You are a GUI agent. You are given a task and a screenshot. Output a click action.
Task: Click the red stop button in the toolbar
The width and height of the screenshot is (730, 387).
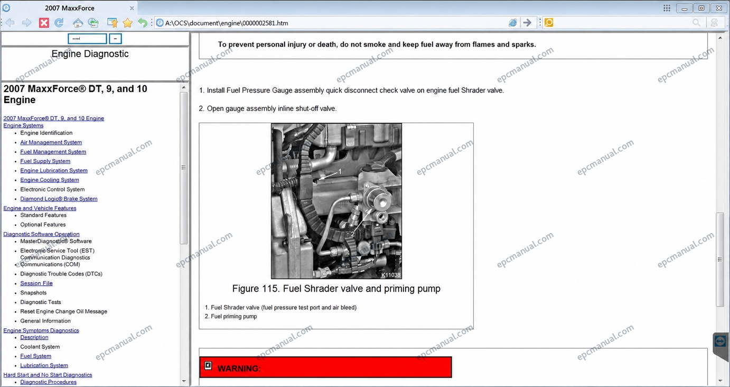coord(44,23)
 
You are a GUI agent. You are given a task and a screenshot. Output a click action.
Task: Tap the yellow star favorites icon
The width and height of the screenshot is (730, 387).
coord(128,23)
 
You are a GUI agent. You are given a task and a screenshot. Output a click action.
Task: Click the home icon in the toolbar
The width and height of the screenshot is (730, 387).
coord(78,23)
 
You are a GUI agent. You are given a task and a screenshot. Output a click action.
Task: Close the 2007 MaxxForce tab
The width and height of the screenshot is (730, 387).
coord(132,8)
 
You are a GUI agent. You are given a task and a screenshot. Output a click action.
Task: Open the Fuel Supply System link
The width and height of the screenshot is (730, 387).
coord(45,161)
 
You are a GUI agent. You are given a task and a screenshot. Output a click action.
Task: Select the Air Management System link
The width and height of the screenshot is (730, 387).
coord(51,142)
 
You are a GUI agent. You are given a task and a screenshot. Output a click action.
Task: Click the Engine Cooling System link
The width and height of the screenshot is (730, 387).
coord(50,180)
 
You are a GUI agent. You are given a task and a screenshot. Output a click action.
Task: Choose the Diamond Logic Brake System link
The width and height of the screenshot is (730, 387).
coord(59,199)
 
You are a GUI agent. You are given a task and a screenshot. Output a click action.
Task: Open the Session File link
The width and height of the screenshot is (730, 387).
coord(36,283)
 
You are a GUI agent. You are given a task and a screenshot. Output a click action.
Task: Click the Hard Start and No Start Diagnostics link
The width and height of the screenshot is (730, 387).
coord(48,375)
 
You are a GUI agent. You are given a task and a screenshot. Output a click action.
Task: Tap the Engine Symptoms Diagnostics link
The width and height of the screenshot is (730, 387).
coord(41,330)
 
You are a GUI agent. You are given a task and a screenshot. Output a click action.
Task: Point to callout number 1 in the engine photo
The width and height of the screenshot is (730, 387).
coord(340,171)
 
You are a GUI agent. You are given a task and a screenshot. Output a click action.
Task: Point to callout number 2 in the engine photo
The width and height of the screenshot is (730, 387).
coord(353,234)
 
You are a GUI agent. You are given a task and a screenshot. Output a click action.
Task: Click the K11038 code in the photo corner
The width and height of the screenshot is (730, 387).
coord(391,275)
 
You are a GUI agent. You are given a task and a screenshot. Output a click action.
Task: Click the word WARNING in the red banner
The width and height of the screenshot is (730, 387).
coord(239,368)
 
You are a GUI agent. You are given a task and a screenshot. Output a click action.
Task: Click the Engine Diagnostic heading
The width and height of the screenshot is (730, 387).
coord(90,54)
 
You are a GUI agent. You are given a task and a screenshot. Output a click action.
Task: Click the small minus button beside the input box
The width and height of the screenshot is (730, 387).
coord(115,39)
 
